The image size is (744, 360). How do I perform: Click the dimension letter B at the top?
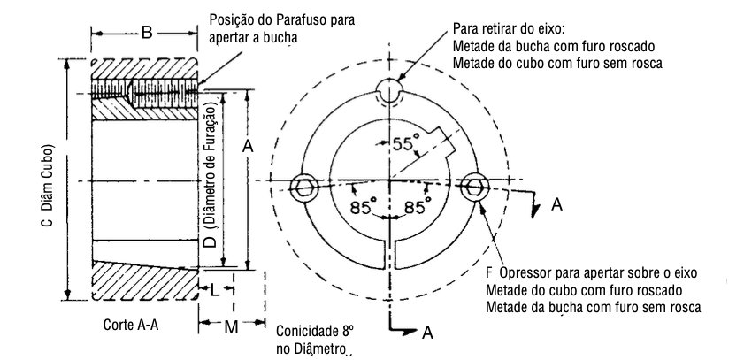[x=147, y=34]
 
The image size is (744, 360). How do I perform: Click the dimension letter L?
[x=215, y=289]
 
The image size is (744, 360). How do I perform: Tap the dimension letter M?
[x=230, y=328]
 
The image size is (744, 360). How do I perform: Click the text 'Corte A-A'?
[x=131, y=326]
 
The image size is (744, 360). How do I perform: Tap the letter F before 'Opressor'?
[x=490, y=272]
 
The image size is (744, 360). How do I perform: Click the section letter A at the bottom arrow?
[x=427, y=333]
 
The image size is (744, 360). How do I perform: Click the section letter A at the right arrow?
[x=556, y=204]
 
